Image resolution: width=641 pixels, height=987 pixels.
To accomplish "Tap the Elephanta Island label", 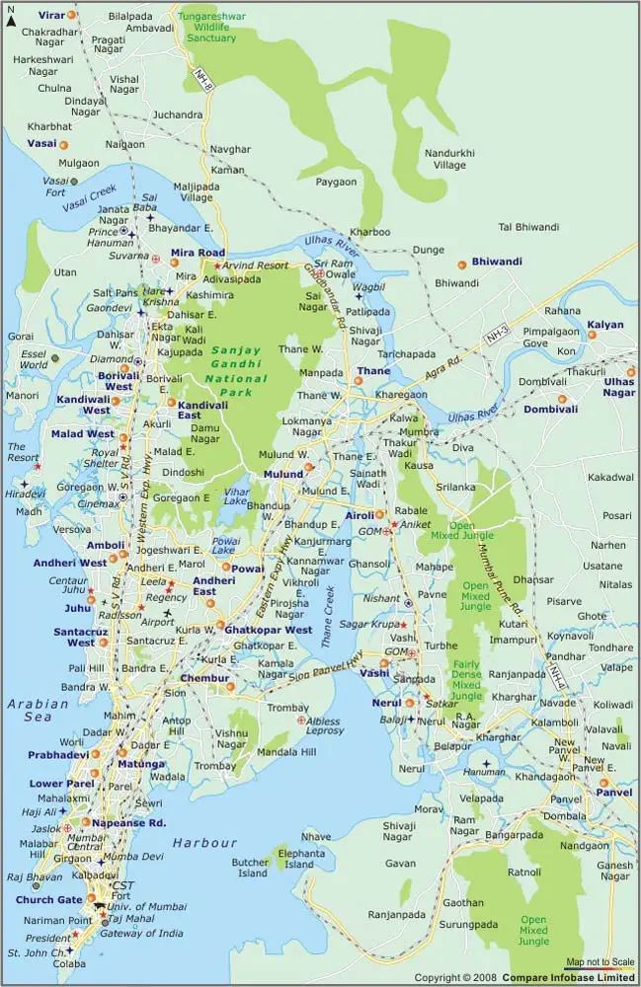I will (300, 858).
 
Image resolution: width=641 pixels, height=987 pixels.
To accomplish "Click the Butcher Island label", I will (250, 868).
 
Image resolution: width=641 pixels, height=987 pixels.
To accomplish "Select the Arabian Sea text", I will (38, 711).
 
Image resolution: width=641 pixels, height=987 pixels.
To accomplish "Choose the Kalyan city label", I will (605, 324).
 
